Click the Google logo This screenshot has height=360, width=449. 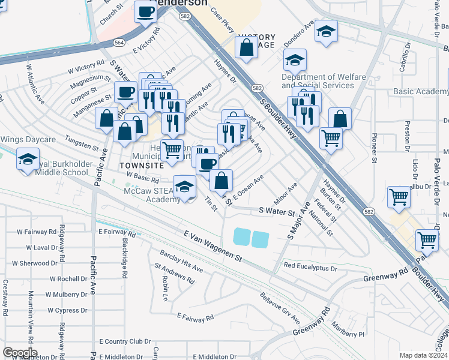pos(20,352)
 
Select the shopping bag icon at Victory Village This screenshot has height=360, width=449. pos(246,47)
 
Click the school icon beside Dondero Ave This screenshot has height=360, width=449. pos(326,32)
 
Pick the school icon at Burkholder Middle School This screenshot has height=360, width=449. pos(28,160)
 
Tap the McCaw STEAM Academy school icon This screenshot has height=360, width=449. pos(185,187)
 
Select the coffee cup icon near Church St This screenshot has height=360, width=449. pos(145,13)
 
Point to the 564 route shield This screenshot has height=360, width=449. pos(119,43)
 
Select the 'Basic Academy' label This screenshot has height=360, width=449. pos(421,91)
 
